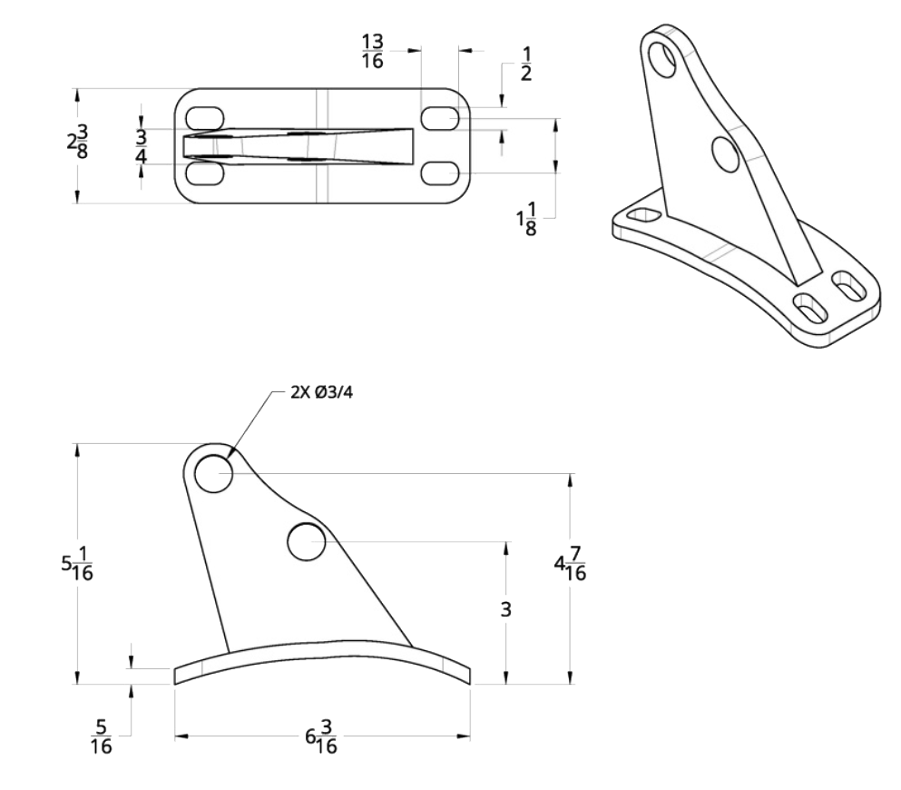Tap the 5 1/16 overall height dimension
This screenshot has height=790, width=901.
click(79, 564)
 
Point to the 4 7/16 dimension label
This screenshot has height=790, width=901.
click(572, 565)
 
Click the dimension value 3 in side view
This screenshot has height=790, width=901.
click(506, 609)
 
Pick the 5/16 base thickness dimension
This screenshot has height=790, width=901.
click(102, 736)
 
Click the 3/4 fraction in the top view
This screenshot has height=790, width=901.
click(141, 146)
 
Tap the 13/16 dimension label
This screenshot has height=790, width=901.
click(372, 52)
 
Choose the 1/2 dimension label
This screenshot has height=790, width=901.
click(526, 64)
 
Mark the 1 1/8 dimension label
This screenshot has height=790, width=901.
click(527, 221)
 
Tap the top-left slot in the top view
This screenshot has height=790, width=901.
click(204, 118)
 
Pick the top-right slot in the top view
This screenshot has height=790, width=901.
click(439, 118)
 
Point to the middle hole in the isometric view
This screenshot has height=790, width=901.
click(726, 153)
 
